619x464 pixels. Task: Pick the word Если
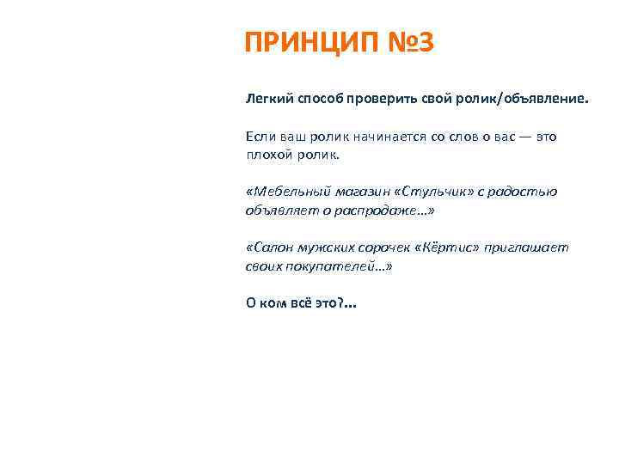tap(261, 137)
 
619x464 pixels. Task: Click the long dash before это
tap(523, 137)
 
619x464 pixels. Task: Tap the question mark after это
tap(342, 303)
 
